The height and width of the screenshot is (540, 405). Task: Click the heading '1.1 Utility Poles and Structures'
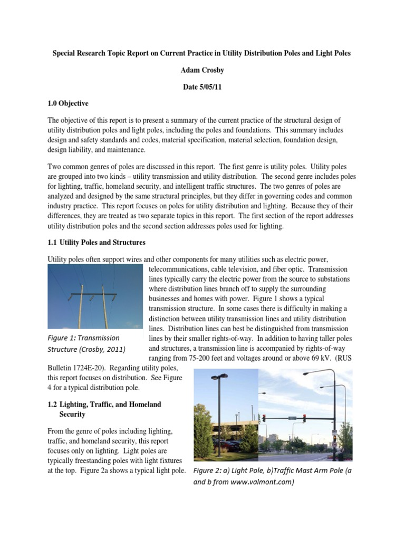click(x=96, y=243)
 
